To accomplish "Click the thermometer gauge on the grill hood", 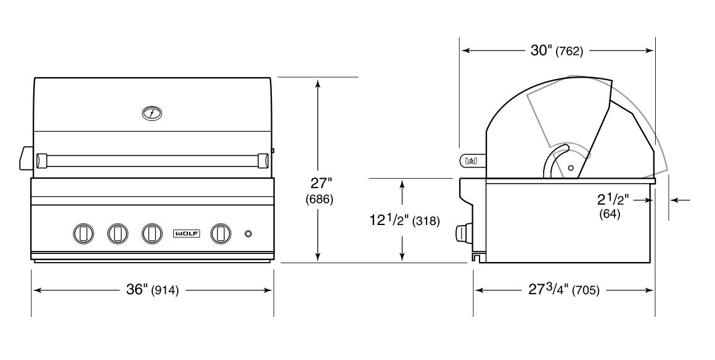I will tap(152, 113).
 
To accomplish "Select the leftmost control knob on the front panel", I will tap(84, 233).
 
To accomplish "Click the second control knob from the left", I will tap(117, 233).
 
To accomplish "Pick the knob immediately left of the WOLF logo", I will tap(152, 233).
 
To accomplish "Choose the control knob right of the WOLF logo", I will tap(220, 233).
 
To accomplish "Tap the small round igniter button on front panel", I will tap(248, 234).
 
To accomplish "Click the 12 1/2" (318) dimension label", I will tap(404, 221).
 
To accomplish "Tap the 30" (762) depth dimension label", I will tap(557, 51).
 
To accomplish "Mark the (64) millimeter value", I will tap(610, 214).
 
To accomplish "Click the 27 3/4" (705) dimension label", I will tap(563, 290).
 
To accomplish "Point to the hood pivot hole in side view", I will tap(571, 167).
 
